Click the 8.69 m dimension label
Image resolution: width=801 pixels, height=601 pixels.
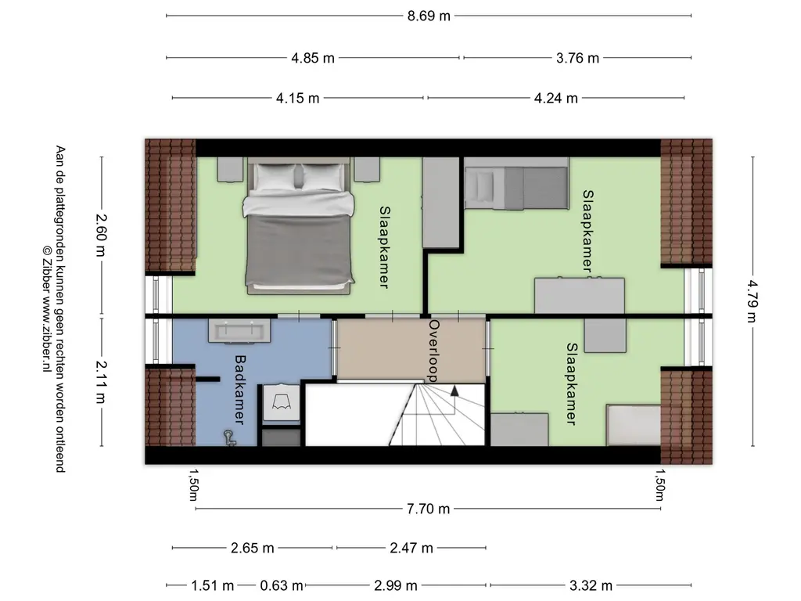429,16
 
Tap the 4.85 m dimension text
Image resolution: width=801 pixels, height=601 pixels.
313,58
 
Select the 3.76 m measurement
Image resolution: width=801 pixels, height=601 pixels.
577,58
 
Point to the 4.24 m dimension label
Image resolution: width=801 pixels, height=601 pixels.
556,98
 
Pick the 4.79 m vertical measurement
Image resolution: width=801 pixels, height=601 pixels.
752,301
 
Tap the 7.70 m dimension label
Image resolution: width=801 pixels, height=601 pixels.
428,509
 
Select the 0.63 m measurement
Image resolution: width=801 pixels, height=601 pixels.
282,585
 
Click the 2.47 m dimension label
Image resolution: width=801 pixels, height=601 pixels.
411,549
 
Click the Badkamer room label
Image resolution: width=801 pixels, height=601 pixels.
239,390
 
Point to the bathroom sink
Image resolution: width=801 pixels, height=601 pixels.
239,331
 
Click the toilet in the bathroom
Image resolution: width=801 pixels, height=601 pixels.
281,403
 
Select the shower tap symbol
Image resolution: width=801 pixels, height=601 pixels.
229,437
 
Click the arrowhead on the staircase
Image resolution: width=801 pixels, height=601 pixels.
454,391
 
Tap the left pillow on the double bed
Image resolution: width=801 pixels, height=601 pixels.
275,177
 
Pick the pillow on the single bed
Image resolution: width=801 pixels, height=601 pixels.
483,186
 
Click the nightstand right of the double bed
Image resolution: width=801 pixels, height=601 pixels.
367,169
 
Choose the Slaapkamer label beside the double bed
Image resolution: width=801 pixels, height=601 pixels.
384,247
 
